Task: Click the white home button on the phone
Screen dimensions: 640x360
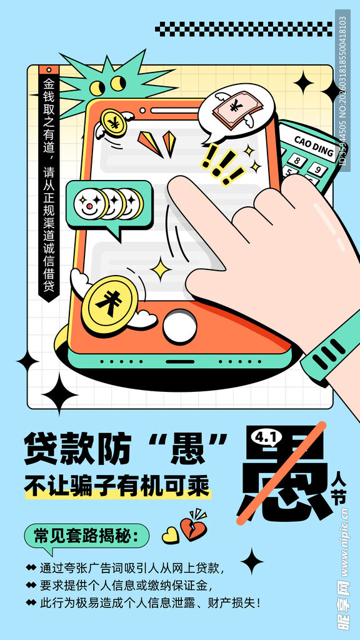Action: tap(179, 326)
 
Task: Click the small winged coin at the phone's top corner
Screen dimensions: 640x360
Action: tap(114, 122)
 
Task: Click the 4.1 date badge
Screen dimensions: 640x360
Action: tap(265, 437)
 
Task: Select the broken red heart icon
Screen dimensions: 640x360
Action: tap(194, 527)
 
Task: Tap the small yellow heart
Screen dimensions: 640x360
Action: tap(170, 535)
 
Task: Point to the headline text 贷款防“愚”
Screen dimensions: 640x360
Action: tap(125, 449)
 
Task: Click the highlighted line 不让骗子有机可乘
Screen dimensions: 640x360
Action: tap(117, 486)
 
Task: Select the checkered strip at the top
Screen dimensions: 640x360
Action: tap(244, 29)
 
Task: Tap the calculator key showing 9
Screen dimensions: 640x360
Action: tap(318, 169)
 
